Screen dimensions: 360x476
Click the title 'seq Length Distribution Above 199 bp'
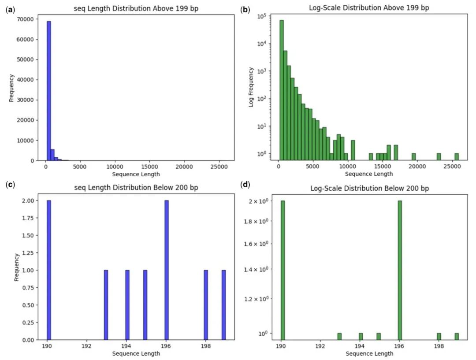pos(136,8)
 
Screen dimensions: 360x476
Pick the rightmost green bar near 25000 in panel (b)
pos(457,156)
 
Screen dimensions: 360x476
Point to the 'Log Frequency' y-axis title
pos(251,87)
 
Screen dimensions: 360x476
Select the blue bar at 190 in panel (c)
pos(49,270)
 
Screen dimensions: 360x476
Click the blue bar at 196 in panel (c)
pos(166,270)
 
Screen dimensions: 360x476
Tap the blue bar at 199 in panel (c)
pos(223,304)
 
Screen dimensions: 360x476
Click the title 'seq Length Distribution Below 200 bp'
pos(136,188)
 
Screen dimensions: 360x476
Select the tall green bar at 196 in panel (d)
pos(399,270)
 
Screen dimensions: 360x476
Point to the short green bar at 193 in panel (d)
pos(339,336)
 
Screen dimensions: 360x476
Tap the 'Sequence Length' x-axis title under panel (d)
pos(369,354)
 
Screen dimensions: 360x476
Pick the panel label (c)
pos(10,184)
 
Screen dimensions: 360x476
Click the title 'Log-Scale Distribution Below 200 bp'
pos(369,188)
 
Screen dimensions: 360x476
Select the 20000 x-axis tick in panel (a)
pos(184,167)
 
